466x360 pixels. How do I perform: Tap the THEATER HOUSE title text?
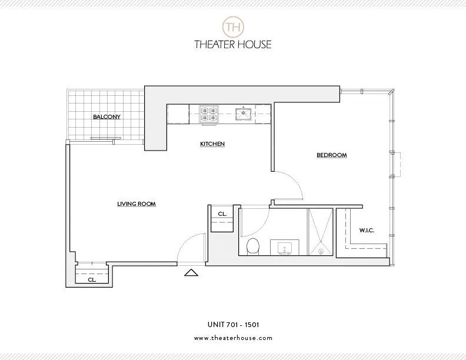coord(232,44)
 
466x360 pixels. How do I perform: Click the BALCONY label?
coord(106,116)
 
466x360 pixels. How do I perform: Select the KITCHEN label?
coord(212,144)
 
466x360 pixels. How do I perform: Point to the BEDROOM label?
coord(332,155)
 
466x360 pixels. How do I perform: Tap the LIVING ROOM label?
coord(136,204)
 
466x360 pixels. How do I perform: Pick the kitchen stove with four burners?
coord(208,113)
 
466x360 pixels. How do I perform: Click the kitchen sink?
coord(243,113)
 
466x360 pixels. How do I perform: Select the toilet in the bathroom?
coord(252,246)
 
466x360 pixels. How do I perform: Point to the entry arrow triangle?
coord(191,272)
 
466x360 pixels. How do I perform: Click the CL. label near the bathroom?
coord(222,214)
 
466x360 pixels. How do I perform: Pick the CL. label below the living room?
coord(92,280)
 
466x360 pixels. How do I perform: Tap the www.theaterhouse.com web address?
coord(232,338)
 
